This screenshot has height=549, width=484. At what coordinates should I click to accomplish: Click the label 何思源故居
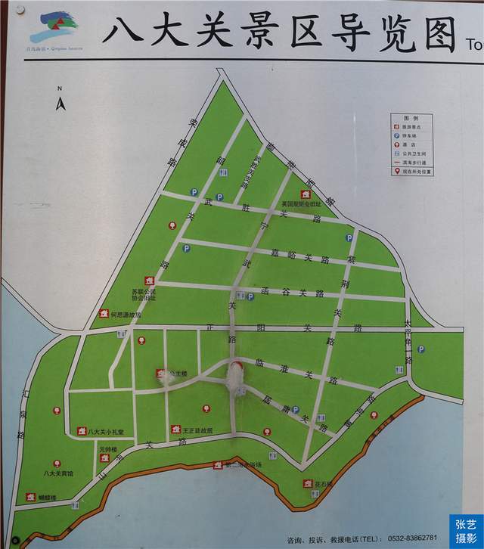pos(125,314)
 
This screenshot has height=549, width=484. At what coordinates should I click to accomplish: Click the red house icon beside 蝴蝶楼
pos(31,497)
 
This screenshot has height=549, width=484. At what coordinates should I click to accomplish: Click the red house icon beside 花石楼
pos(309,482)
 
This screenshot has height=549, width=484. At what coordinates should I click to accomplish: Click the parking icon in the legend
pos(396,136)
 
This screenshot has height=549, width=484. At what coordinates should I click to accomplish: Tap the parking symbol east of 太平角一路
pos(421,349)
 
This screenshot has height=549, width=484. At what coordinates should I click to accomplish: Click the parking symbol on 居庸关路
pos(296,409)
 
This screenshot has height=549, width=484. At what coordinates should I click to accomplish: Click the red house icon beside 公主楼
pos(160,373)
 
